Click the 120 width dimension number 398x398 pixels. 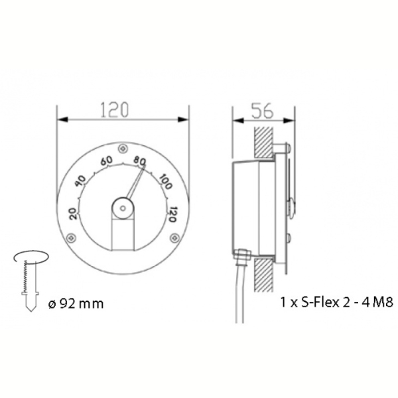coord(115,110)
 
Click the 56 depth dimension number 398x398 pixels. coord(263,111)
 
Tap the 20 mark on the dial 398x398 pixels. coord(74,214)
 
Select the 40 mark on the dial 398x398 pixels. coord(82,181)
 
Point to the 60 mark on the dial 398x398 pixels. coord(107,161)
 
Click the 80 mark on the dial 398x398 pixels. coord(140,161)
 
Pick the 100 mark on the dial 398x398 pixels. coord(166,182)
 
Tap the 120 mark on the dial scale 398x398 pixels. coord(172,214)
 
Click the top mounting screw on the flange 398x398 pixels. coord(123,149)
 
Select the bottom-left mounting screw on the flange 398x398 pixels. coord(71,238)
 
